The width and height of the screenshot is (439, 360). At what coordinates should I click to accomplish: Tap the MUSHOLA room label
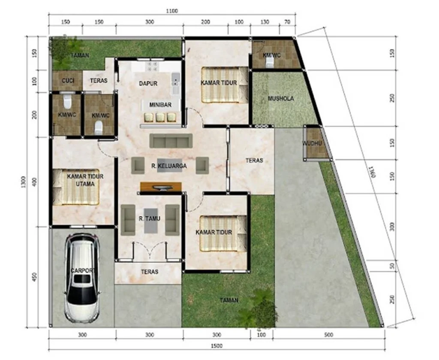(x=281, y=98)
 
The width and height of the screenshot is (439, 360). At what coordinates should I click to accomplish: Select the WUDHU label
(x=312, y=143)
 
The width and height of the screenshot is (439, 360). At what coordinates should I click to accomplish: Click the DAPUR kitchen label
(x=148, y=83)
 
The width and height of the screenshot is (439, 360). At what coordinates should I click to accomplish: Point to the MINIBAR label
(x=160, y=105)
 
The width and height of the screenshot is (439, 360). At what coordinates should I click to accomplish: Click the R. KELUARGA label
(x=169, y=166)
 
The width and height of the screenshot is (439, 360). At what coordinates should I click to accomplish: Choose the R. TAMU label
(x=150, y=218)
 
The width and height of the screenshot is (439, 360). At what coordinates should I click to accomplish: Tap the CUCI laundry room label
(x=68, y=81)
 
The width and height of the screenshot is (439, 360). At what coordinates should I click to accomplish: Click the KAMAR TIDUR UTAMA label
(x=85, y=180)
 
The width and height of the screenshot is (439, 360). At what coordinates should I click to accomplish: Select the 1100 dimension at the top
(x=172, y=11)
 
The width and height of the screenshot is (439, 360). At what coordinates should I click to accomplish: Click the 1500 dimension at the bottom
(x=216, y=346)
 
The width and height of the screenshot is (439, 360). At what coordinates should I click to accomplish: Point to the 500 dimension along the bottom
(x=328, y=335)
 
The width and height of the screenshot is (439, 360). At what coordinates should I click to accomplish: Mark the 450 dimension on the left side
(x=34, y=277)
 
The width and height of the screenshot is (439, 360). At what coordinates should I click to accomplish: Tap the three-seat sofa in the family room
(x=171, y=141)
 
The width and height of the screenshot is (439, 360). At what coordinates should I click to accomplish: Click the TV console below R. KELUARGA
(x=161, y=187)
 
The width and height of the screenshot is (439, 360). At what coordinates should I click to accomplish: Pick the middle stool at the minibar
(x=160, y=117)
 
